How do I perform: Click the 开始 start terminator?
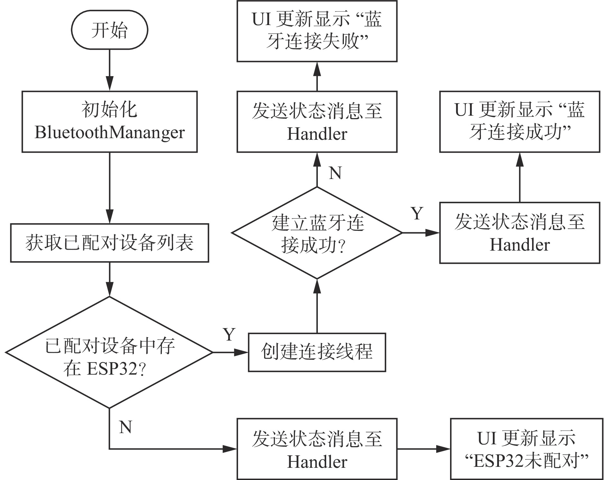tap(109, 30)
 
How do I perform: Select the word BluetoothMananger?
tap(109, 132)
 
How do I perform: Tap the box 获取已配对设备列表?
tap(109, 243)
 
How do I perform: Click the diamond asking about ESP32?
tap(109, 352)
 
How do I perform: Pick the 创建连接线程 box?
tap(317, 352)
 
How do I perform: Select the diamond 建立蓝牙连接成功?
tap(317, 233)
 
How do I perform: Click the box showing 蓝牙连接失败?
tap(317, 31)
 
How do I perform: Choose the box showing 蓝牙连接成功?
tap(520, 121)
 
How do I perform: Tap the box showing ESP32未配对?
tap(526, 449)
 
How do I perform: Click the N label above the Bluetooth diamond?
tap(335, 173)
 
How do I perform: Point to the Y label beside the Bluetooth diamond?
tap(417, 213)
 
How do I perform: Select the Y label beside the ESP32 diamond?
tap(229, 334)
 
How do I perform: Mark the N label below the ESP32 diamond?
tap(125, 427)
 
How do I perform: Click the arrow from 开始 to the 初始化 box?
tap(110, 70)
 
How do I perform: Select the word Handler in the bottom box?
tap(317, 462)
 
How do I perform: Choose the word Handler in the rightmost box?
tap(520, 245)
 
